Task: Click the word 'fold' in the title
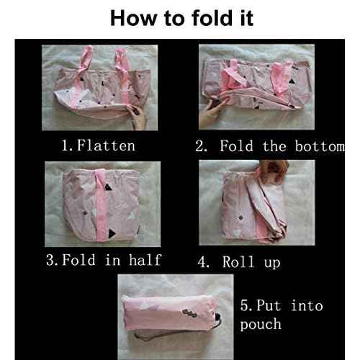point(212,18)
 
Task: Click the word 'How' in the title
point(133,18)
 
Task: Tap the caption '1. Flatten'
point(99,145)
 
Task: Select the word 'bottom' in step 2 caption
point(320,146)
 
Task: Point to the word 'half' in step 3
point(145,260)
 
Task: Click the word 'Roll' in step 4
point(238,261)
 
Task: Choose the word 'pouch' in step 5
point(261,325)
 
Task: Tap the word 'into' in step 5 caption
point(307,305)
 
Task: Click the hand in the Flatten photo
point(138,117)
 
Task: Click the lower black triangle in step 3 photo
point(112,233)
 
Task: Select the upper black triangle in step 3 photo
point(108,187)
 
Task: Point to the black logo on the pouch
point(189,312)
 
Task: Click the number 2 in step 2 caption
point(199,146)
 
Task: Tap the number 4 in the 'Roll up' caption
point(202,262)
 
